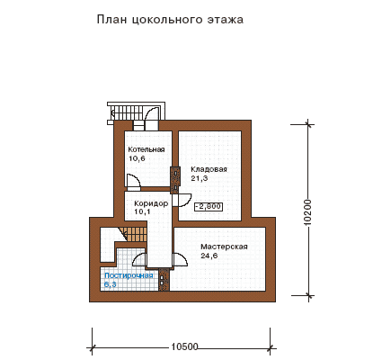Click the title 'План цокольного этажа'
click(170, 20)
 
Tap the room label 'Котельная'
click(147, 149)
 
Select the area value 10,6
click(137, 158)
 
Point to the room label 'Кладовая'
click(209, 169)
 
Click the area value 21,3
click(200, 178)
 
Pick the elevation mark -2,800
click(209, 207)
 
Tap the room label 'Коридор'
click(151, 203)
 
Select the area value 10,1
click(143, 211)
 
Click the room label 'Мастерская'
click(224, 247)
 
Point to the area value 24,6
click(209, 256)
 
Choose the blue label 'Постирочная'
click(129, 275)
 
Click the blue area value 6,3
click(111, 284)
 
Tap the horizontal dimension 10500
click(185, 346)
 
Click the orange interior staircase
click(133, 234)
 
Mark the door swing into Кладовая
click(182, 201)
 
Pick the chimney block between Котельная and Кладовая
click(175, 180)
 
